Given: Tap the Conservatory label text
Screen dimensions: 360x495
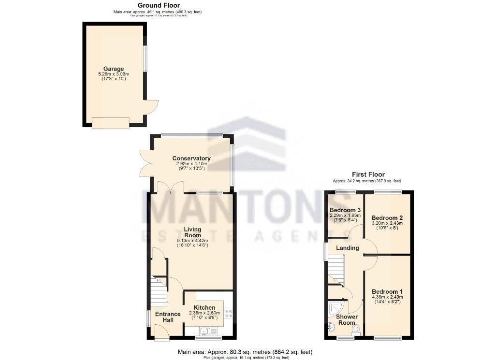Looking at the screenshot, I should (192, 158).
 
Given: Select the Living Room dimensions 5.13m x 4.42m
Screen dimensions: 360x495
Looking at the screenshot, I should (192, 241).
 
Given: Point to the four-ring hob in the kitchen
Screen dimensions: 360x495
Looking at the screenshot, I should (228, 314).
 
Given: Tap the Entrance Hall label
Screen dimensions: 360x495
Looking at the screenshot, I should (167, 317).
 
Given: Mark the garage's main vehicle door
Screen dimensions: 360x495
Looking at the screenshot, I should (110, 124).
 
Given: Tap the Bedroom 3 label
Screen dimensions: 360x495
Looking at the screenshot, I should (345, 210).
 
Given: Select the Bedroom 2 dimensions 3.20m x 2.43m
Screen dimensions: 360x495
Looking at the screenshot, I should (387, 223).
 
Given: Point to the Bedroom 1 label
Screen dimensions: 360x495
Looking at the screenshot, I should (387, 291).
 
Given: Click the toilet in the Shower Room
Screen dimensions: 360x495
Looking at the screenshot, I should (356, 329).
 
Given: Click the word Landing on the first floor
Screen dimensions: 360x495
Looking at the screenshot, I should (347, 248).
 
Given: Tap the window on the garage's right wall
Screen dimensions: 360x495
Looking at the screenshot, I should (146, 58).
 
